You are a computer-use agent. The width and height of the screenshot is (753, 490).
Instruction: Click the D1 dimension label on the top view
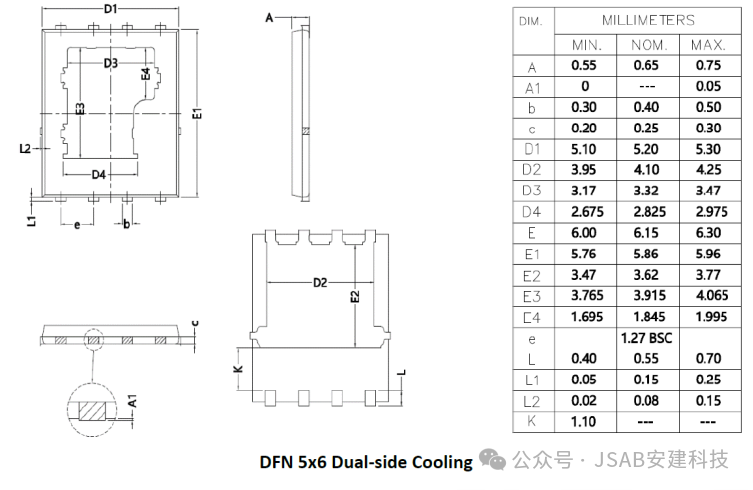(111, 9)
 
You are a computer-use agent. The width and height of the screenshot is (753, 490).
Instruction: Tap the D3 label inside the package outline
(110, 63)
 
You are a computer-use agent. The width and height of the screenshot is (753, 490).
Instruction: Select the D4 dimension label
(99, 175)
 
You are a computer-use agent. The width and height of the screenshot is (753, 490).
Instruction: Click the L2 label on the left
(25, 148)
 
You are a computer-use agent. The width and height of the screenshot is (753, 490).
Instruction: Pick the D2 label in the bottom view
(319, 283)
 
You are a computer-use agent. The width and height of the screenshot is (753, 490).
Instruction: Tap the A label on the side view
(269, 18)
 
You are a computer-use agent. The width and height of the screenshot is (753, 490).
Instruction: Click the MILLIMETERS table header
(648, 20)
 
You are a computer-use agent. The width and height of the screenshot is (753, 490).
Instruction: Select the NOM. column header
(648, 45)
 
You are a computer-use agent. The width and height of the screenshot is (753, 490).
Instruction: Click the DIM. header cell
(531, 20)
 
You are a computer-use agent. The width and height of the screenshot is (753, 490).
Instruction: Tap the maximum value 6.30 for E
(708, 231)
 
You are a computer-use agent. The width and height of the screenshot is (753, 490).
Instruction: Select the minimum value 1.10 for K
(585, 421)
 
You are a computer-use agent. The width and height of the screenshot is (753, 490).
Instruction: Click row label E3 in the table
(532, 296)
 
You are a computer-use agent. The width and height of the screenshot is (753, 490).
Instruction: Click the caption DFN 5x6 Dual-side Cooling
(366, 461)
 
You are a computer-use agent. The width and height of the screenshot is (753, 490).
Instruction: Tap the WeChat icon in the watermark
(493, 459)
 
